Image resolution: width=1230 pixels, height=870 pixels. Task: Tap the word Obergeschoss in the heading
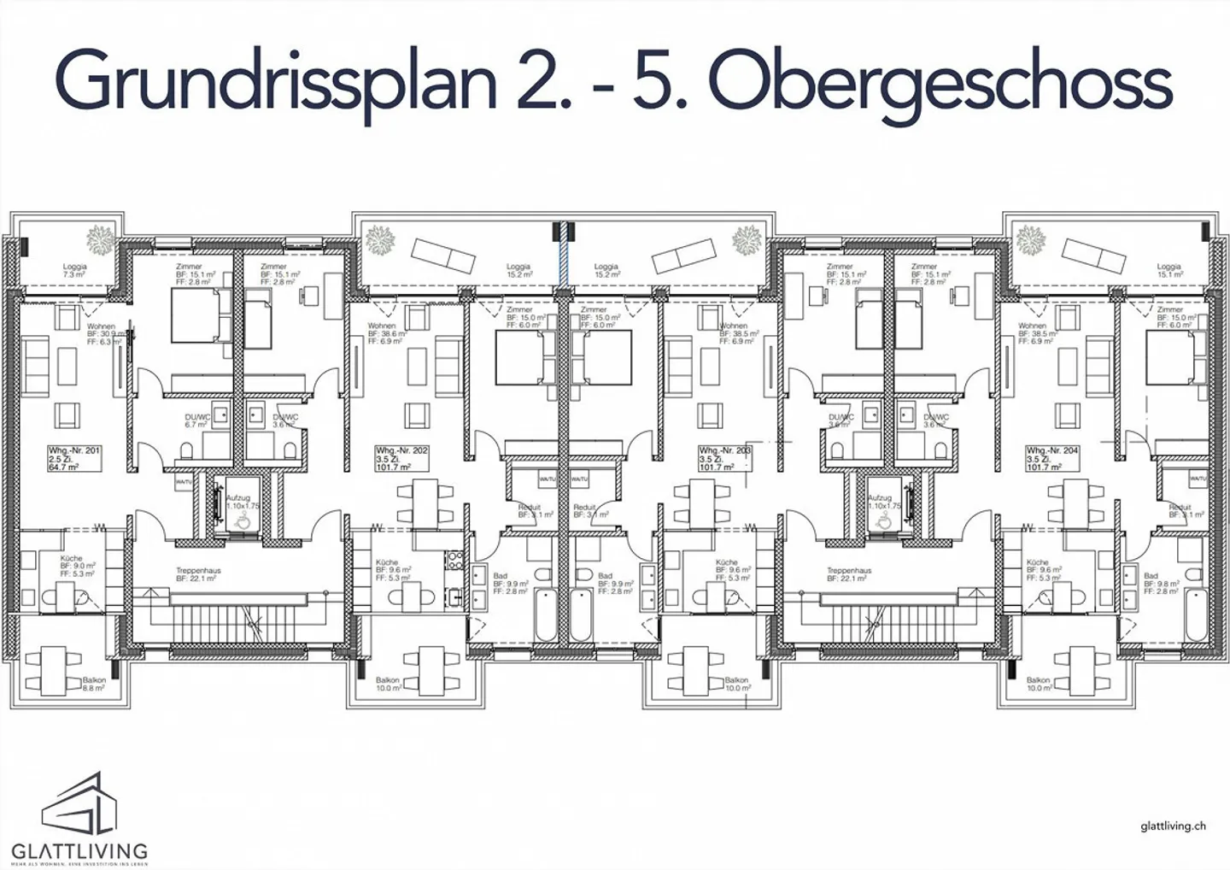point(940,81)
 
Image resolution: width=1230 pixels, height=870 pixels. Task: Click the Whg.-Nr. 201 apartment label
point(75,458)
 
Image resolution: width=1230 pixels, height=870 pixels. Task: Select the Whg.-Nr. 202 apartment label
point(402,458)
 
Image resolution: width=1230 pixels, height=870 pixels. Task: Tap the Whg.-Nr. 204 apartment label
point(1052,458)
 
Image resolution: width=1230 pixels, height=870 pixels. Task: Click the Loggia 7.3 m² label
point(75,270)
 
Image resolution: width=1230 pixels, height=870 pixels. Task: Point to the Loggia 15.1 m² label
point(1168,270)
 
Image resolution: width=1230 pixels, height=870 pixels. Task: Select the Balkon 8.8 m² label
point(94,684)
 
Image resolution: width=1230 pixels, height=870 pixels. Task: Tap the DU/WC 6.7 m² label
point(198,420)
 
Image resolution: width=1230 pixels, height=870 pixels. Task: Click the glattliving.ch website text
point(1173,826)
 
